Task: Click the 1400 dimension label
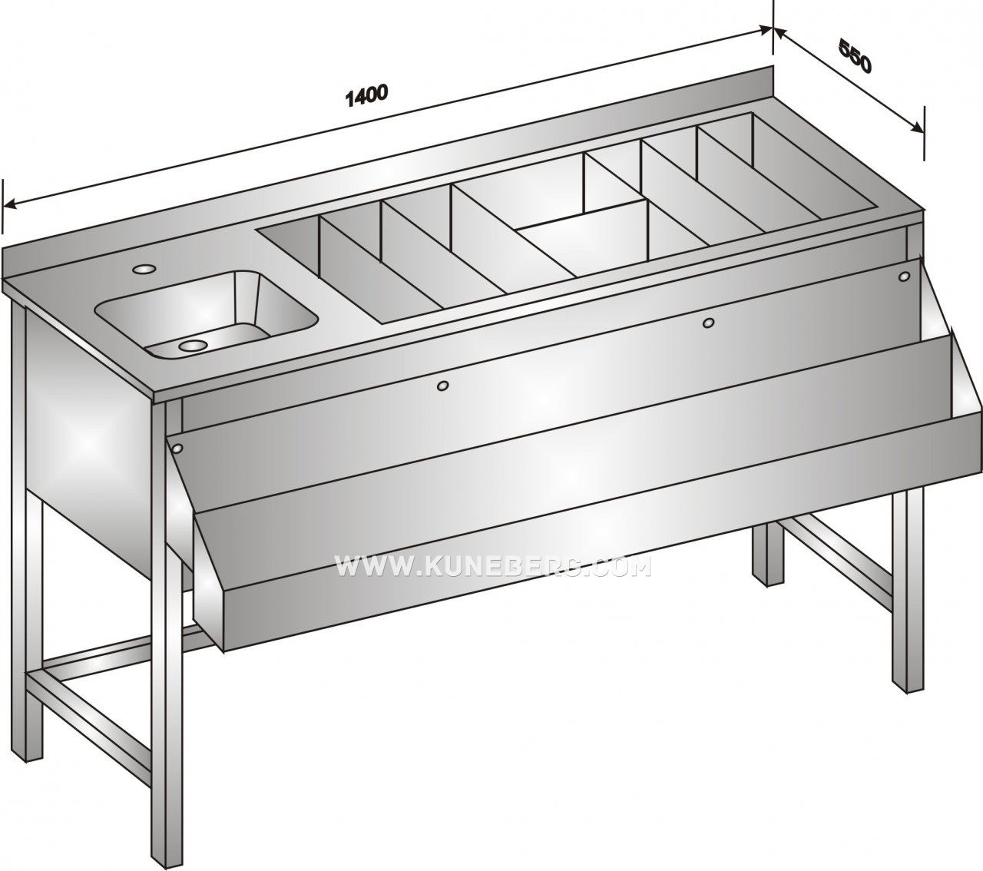pos(366,95)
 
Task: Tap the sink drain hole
pos(193,345)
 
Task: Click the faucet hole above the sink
pos(144,268)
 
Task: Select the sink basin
pos(207,314)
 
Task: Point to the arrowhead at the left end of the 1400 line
pos(10,203)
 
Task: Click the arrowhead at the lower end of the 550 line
pos(916,128)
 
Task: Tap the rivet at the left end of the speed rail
pos(177,447)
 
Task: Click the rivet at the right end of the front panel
pos(904,277)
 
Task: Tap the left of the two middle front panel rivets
pos(442,386)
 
